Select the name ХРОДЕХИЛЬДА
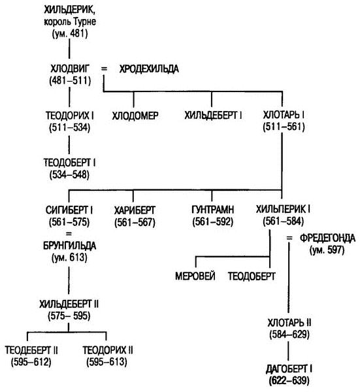[x=149, y=69]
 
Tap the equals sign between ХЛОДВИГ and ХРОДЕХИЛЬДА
[x=104, y=69]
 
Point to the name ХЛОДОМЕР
[x=135, y=116]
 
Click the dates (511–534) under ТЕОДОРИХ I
[x=69, y=127]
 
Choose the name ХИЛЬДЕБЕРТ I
[x=213, y=115]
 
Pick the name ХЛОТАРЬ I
[x=284, y=115]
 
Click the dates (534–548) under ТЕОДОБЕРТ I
[x=69, y=174]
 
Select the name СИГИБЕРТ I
[x=69, y=210]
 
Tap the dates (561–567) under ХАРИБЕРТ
[x=135, y=223]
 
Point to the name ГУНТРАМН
[x=213, y=210]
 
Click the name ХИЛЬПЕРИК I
[x=283, y=209]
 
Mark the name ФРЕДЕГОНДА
[x=327, y=238]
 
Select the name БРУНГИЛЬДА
[x=69, y=246]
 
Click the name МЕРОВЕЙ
[x=195, y=276]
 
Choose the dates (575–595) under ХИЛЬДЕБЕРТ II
[x=69, y=316]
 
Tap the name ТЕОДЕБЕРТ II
[x=31, y=350]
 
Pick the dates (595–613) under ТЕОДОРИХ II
[x=106, y=362]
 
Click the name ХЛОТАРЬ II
[x=289, y=323]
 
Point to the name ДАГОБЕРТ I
[x=289, y=369]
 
